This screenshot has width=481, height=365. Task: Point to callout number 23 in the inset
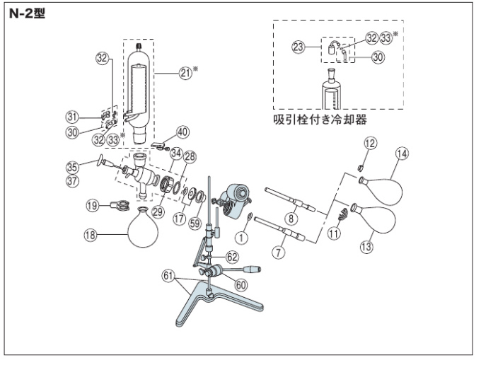click(x=300, y=47)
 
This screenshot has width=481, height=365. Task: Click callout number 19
click(x=92, y=207)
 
